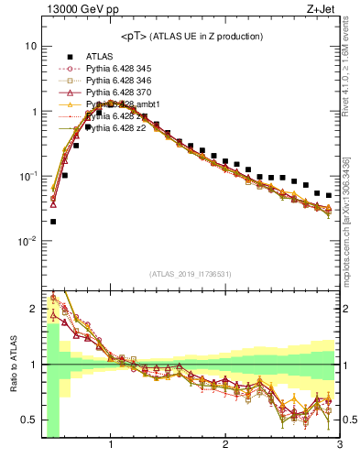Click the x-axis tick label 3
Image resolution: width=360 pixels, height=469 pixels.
339,446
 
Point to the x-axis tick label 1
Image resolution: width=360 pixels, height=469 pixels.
111,446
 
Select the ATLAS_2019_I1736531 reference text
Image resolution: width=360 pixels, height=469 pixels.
191,274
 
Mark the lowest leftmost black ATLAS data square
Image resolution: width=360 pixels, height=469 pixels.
53,221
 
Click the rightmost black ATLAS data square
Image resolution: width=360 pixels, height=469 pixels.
328,195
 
